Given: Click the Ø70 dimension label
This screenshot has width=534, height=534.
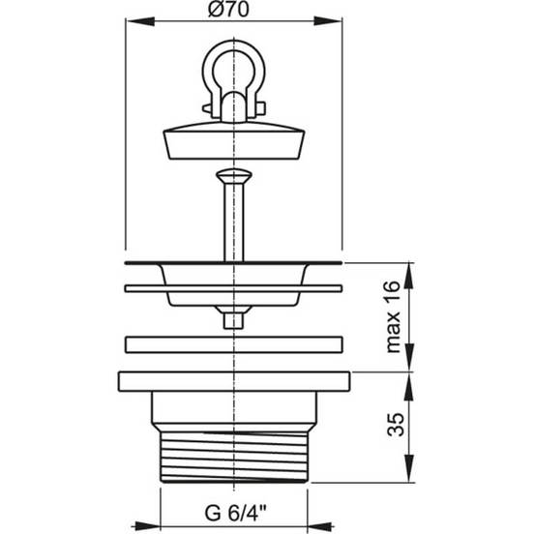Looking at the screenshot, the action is click(228, 9).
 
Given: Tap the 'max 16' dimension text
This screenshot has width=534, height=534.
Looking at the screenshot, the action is click(394, 316).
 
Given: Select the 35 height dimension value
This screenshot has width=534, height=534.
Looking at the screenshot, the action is click(396, 425).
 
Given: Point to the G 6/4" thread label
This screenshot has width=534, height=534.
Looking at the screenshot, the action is click(235, 513).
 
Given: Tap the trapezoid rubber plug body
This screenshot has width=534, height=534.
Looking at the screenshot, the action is click(234, 144).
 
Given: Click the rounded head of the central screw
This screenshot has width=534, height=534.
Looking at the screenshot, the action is click(234, 176).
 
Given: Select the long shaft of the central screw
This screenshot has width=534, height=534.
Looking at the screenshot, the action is click(234, 222).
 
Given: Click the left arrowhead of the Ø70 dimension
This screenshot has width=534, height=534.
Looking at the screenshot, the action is click(140, 21).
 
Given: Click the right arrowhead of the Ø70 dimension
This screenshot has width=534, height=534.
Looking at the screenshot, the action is click(328, 21).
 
